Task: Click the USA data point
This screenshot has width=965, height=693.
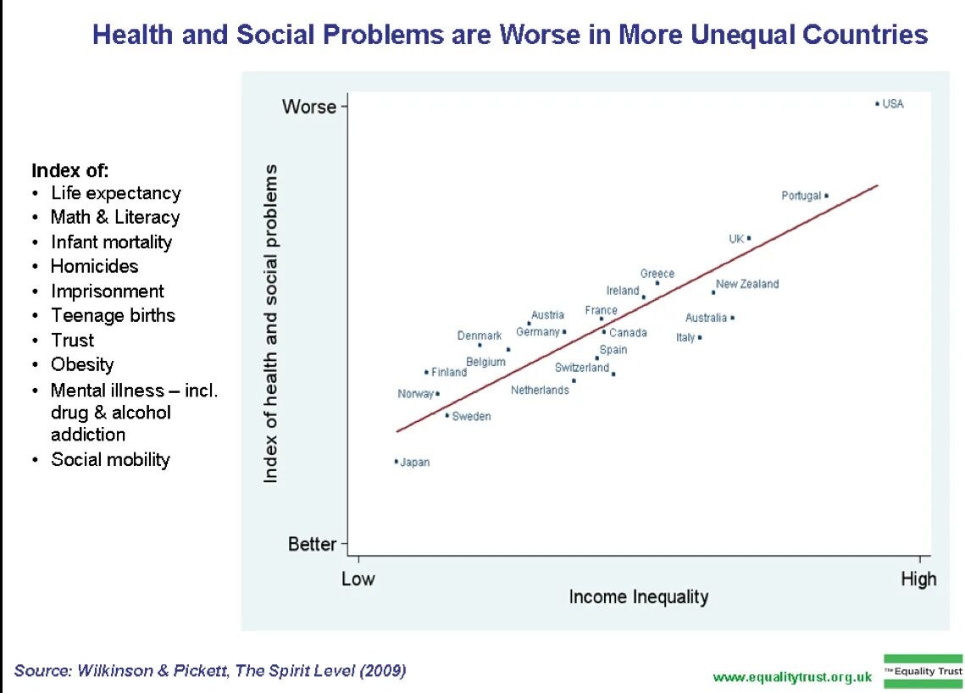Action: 877,103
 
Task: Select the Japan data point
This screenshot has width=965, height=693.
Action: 396,462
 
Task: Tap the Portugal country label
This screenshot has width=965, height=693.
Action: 801,196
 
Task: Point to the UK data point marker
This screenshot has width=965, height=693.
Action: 749,238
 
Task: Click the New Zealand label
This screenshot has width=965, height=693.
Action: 747,284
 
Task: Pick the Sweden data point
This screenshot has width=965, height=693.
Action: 447,415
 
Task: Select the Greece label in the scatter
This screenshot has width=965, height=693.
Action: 657,274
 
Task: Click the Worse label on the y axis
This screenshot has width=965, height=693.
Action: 309,107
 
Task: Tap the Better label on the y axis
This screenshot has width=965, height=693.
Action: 312,544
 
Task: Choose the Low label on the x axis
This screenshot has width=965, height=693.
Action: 358,579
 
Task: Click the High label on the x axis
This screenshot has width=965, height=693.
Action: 918,579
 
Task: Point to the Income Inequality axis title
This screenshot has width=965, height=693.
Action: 638,597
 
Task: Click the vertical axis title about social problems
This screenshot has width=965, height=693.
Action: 271,324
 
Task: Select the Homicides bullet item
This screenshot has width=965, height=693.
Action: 94,266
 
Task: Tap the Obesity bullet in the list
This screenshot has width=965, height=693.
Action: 82,364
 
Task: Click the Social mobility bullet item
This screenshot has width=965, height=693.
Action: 110,459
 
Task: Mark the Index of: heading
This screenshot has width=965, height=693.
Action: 70,169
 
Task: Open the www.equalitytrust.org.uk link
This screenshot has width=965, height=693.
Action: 792,677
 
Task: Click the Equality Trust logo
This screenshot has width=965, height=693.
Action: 923,671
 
